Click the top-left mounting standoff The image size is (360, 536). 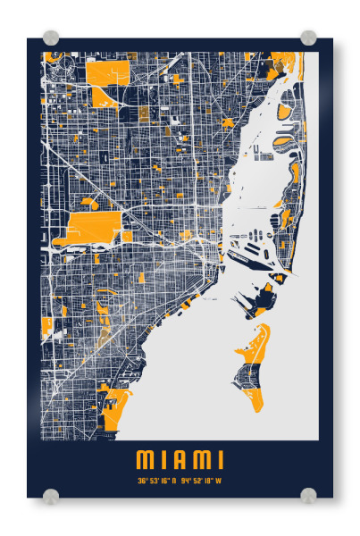[x=51, y=38]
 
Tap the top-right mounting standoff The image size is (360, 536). [x=308, y=38]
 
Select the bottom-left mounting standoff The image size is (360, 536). [x=51, y=494]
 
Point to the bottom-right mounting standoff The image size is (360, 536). [x=308, y=494]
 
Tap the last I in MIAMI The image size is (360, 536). [x=220, y=460]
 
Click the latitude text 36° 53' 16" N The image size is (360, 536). [x=157, y=480]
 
